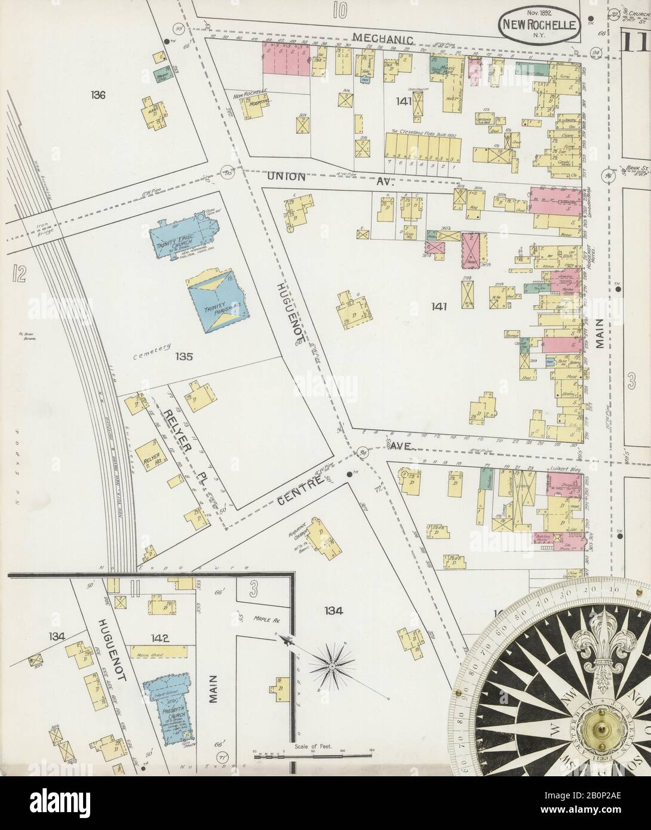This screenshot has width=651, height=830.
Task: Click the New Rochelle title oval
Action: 539,24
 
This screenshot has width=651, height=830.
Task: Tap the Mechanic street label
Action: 382,39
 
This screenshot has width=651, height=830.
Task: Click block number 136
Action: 98,94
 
